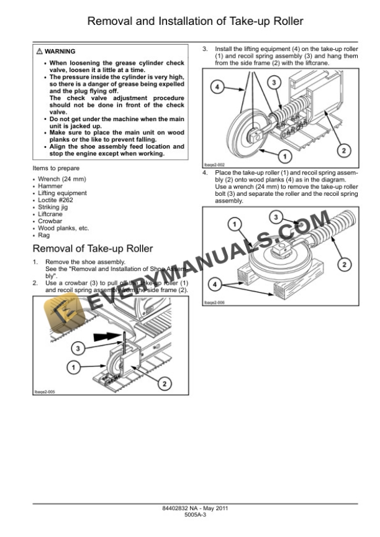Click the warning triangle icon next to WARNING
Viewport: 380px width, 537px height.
click(x=40, y=51)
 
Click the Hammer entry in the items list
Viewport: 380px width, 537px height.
click(x=50, y=186)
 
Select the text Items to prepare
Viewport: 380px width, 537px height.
click(x=56, y=168)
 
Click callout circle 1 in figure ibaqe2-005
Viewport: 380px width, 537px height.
click(x=73, y=368)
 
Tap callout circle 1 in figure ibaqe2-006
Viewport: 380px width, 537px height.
click(x=234, y=223)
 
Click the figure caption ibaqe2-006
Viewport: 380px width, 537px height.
click(x=214, y=302)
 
